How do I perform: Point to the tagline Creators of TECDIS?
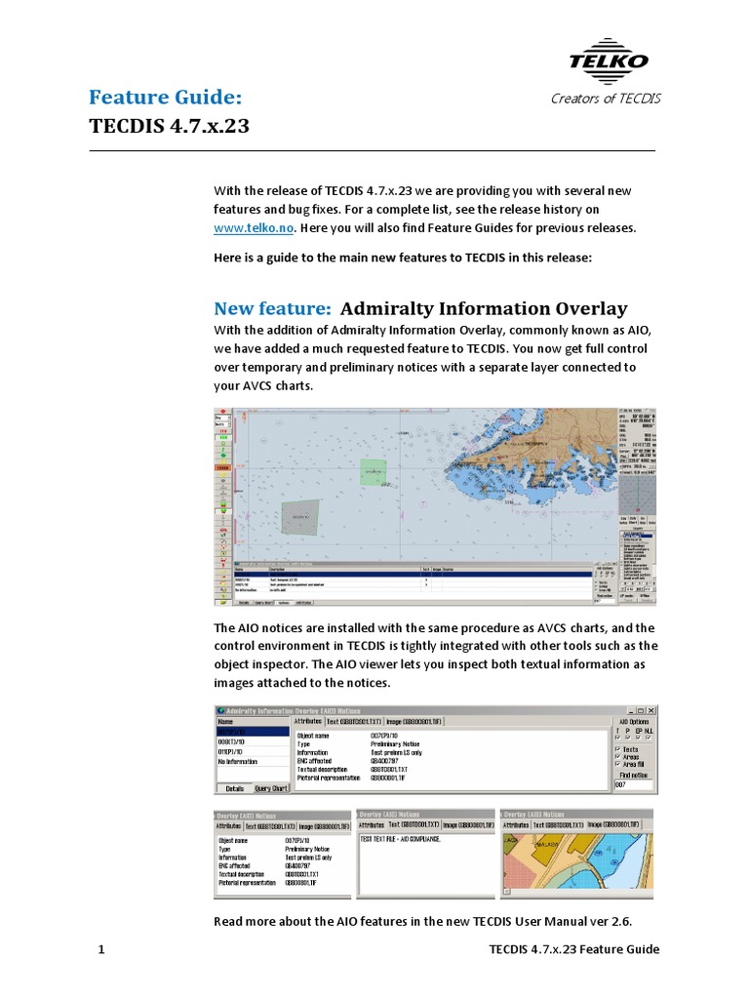pyautogui.click(x=606, y=99)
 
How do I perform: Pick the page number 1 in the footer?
pyautogui.click(x=101, y=949)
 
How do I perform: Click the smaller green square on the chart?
pyautogui.click(x=373, y=472)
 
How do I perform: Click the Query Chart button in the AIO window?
pyautogui.click(x=271, y=788)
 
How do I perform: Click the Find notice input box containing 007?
pyautogui.click(x=635, y=784)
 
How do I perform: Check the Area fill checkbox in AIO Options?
pyautogui.click(x=617, y=765)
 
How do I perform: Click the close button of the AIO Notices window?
pyautogui.click(x=652, y=710)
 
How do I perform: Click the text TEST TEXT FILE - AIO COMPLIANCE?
pyautogui.click(x=401, y=839)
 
